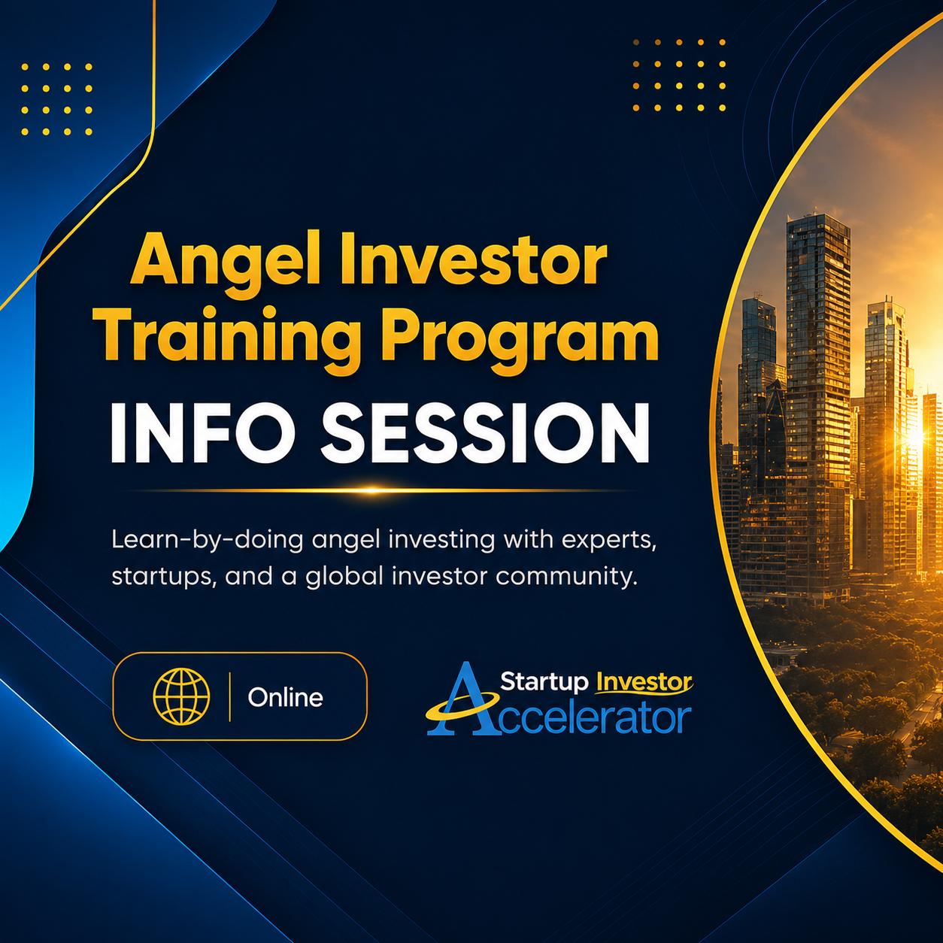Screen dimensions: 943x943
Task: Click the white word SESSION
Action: pos(485,432)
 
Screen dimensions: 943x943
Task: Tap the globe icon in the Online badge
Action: pos(181,696)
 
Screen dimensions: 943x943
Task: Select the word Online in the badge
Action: pos(285,697)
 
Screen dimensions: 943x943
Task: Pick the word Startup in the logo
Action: pos(544,681)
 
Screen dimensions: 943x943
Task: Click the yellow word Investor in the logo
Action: pos(644,682)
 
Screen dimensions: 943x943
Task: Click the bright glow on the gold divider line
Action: pos(371,490)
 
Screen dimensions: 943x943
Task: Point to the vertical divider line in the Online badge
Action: pos(229,697)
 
